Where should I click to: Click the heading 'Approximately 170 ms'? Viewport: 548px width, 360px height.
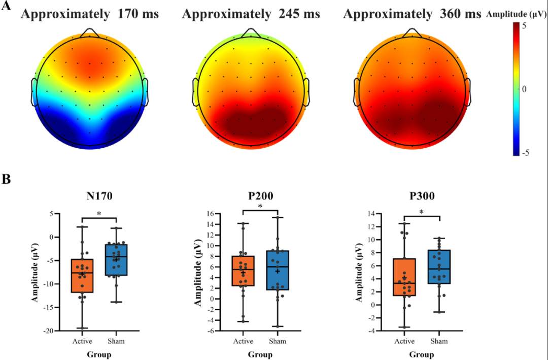[x=90, y=14]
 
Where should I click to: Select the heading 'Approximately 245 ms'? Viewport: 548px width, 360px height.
[x=251, y=14]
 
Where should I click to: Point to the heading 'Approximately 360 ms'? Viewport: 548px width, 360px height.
[x=412, y=14]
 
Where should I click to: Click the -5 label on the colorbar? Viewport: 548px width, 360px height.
[x=526, y=153]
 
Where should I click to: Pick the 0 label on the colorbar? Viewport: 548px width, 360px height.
[x=524, y=89]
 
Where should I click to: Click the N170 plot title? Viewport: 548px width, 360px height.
[x=99, y=197]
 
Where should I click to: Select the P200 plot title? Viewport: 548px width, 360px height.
[x=261, y=197]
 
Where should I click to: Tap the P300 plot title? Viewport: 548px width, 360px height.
[x=422, y=197]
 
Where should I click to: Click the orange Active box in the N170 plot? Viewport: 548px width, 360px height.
[x=83, y=276]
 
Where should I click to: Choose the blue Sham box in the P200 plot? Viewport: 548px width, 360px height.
[x=278, y=271]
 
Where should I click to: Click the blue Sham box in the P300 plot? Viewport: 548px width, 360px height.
[x=439, y=267]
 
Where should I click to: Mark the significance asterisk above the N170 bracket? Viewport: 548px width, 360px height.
[x=99, y=213]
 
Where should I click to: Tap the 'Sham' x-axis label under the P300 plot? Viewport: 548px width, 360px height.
[x=439, y=341]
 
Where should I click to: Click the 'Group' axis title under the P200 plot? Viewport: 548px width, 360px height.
[x=260, y=355]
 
